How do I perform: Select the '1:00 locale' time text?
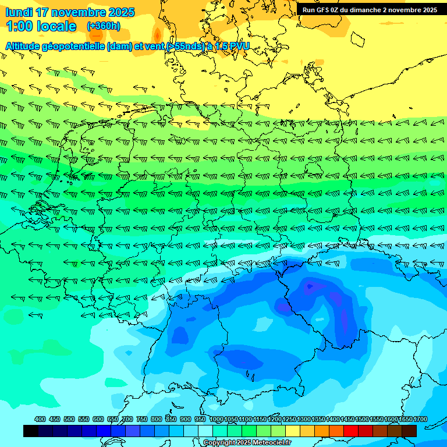click(x=41, y=26)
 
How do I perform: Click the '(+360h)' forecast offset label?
click(x=104, y=26)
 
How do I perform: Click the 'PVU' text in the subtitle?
click(x=240, y=46)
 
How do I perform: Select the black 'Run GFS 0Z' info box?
click(x=370, y=10)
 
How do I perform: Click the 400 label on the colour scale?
click(x=40, y=419)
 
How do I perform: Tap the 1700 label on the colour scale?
click(x=420, y=419)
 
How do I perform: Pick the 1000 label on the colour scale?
click(x=217, y=419)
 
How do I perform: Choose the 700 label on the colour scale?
click(x=127, y=419)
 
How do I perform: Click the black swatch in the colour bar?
click(x=31, y=431)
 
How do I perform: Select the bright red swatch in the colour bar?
click(x=351, y=431)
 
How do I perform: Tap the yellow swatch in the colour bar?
click(x=293, y=431)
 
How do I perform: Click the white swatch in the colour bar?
click(x=205, y=431)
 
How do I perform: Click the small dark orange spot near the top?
click(x=156, y=33)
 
